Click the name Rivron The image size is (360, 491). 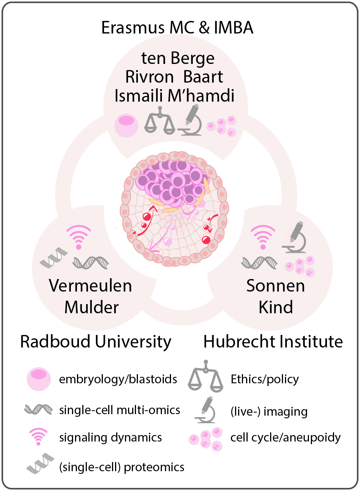149,77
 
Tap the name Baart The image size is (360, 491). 203,77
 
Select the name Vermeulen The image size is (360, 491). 90,286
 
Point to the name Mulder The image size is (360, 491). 91,307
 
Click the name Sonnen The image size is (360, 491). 275,286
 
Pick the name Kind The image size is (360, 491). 276,307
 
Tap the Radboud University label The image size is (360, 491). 96,341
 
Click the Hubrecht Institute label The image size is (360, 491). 273,341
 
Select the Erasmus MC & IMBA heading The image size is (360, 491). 178,28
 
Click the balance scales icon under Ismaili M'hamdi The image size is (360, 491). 160,121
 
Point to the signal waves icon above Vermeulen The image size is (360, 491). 79,237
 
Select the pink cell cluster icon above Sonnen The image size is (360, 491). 300,266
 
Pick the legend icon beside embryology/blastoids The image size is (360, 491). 39,379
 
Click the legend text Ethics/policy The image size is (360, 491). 265,379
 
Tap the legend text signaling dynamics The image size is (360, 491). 110,438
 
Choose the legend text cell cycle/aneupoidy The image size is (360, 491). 285,438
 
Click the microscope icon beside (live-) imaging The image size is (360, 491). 205,410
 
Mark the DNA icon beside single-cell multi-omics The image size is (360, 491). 38,410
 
